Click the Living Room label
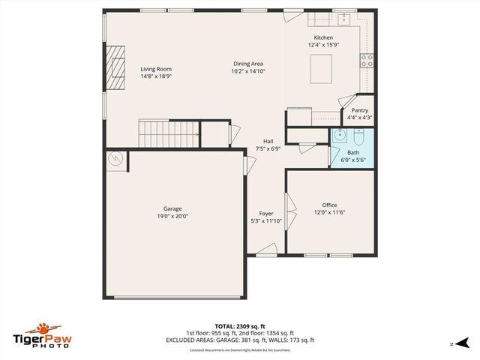click(156, 69)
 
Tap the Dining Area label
click(248, 64)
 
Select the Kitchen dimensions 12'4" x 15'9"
click(323, 45)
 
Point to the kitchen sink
click(345, 17)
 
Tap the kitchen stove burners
click(367, 61)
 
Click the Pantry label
click(359, 110)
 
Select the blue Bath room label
click(352, 152)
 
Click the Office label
click(329, 205)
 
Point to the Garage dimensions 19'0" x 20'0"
click(172, 216)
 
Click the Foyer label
click(266, 214)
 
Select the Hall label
click(268, 141)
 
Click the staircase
click(169, 133)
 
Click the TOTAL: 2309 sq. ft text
click(240, 326)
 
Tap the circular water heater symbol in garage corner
click(115, 158)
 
